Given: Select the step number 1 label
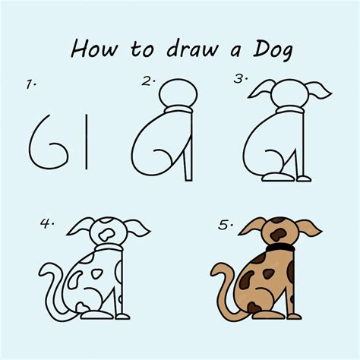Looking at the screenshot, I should pyautogui.click(x=31, y=86).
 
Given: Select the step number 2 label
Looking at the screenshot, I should pyautogui.click(x=148, y=81).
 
